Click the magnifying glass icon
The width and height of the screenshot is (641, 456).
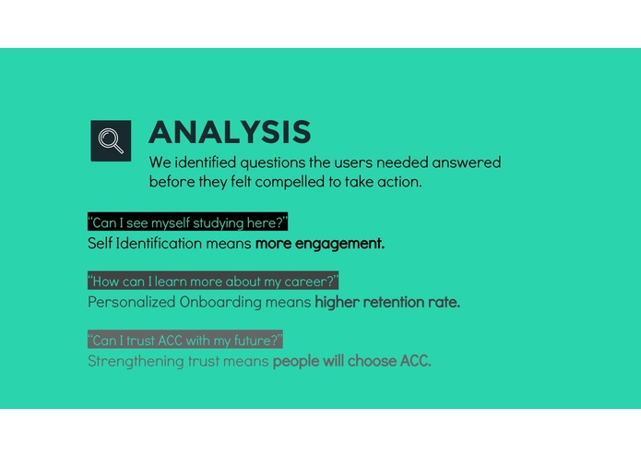click(111, 140)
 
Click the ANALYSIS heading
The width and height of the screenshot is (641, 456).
click(230, 132)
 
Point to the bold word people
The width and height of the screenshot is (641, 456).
click(295, 361)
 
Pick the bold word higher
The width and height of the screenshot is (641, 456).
click(337, 302)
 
